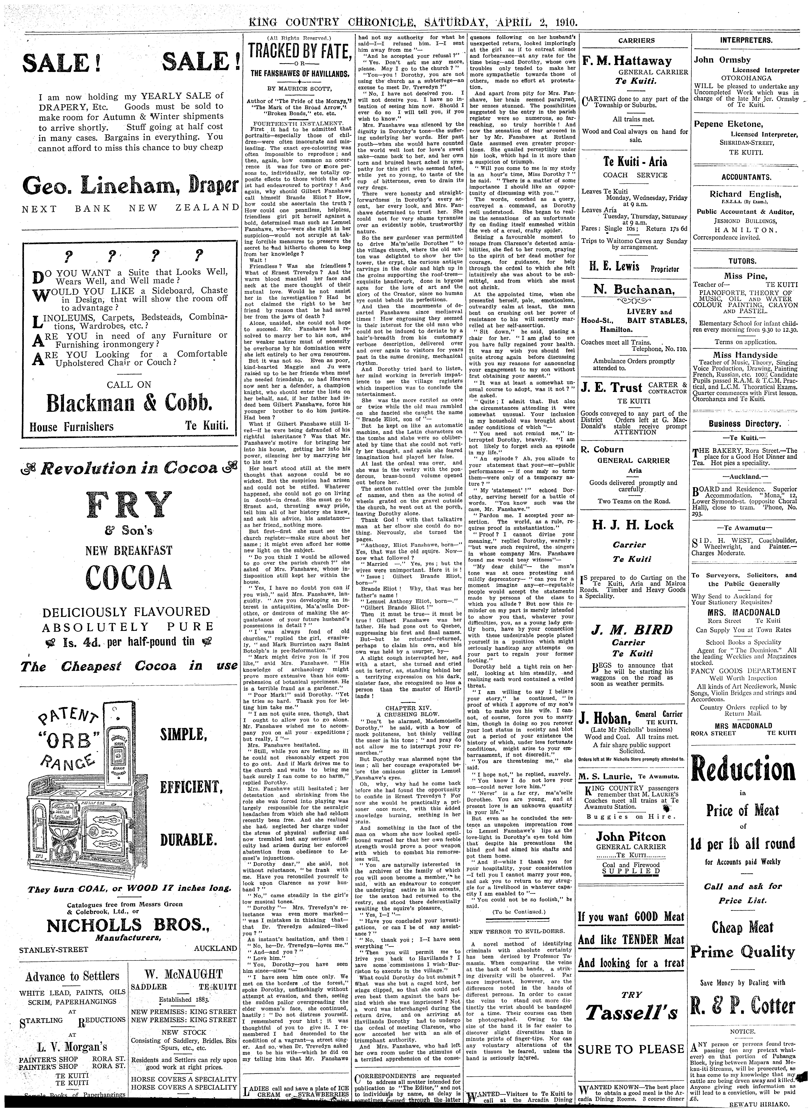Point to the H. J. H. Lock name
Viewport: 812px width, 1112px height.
click(x=633, y=525)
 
